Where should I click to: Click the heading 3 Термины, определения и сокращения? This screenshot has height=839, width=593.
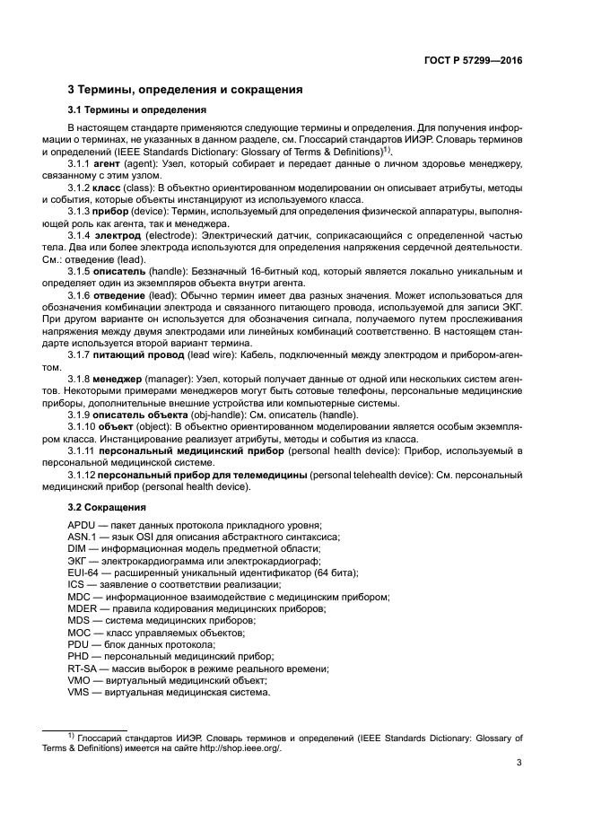point(185,90)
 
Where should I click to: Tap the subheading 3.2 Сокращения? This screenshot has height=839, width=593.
point(101,507)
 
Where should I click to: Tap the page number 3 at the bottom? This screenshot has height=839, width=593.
point(519,764)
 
